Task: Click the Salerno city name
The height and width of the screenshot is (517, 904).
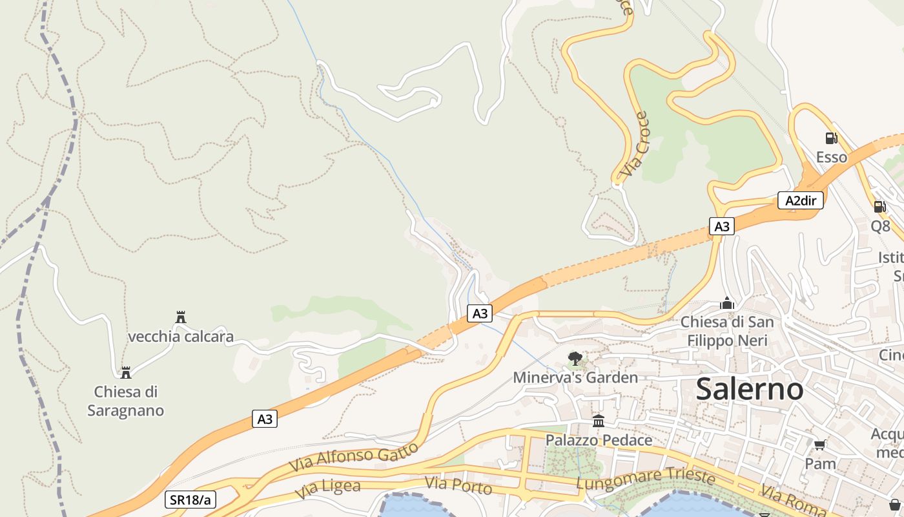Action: pyautogui.click(x=750, y=389)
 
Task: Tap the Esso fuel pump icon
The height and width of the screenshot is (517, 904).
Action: pyautogui.click(x=831, y=138)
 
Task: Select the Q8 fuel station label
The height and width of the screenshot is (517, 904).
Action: pyautogui.click(x=880, y=226)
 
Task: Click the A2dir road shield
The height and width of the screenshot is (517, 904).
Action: pyautogui.click(x=800, y=200)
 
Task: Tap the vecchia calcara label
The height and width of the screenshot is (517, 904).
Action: pyautogui.click(x=181, y=337)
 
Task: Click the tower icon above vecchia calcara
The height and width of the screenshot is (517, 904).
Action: pyautogui.click(x=181, y=317)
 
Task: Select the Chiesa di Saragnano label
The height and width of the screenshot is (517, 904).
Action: pyautogui.click(x=126, y=401)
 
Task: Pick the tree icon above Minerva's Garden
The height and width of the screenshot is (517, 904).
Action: pyautogui.click(x=575, y=358)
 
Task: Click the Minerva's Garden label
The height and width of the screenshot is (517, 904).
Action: pyautogui.click(x=575, y=377)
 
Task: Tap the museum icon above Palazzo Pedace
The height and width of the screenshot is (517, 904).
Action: pyautogui.click(x=599, y=421)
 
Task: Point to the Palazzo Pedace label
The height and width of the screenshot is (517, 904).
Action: pyautogui.click(x=599, y=440)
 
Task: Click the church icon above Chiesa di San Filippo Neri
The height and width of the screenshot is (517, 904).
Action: pyautogui.click(x=727, y=303)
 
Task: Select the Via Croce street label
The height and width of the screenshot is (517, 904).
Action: pyautogui.click(x=633, y=145)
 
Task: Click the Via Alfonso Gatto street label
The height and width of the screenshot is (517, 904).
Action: pyautogui.click(x=353, y=457)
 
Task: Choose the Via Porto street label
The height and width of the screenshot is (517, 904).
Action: pyautogui.click(x=458, y=485)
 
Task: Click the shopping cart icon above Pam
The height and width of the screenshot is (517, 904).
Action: pyautogui.click(x=820, y=445)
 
